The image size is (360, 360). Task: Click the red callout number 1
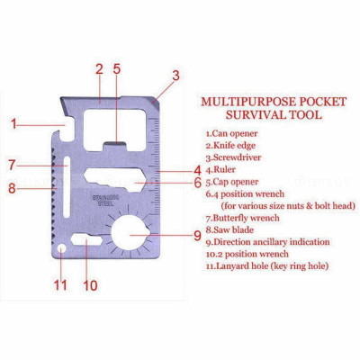14,122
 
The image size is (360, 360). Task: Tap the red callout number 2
99,68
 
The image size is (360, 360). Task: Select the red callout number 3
175,76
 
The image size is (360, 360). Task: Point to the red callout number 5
117,68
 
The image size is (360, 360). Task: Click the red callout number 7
12,165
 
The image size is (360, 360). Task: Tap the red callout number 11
60,286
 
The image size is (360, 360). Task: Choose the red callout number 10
90,286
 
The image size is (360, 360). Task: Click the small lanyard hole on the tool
60,247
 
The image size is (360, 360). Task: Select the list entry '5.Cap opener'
233,181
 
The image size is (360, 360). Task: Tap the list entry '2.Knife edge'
232,146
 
